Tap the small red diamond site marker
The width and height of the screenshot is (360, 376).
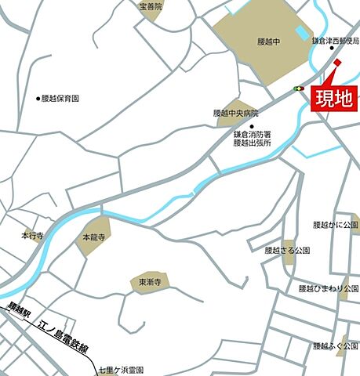337,63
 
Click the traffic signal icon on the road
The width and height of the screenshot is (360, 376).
299,89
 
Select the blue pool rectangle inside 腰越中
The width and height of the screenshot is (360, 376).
302,34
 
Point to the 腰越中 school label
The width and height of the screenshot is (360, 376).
267,41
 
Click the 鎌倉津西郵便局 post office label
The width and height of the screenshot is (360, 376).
335,40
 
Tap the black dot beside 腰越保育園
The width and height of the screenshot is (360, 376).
38,99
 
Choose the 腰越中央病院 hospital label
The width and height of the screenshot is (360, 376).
235,113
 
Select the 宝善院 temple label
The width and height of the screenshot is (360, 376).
151,6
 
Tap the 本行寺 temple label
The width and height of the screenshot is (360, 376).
32,234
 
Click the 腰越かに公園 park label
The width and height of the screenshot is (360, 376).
335,224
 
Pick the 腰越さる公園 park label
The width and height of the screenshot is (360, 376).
288,251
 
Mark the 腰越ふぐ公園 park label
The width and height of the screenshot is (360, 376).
335,345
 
